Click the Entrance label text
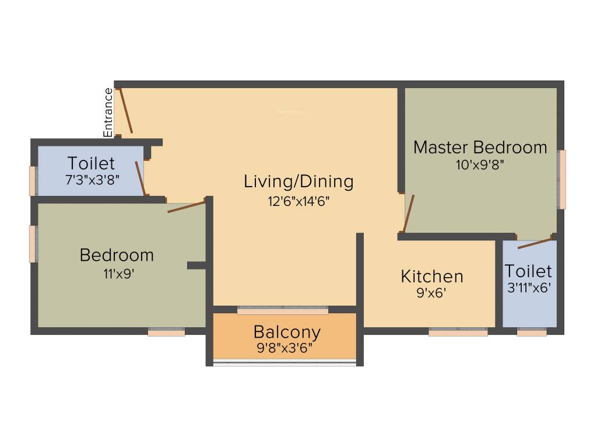(108, 112)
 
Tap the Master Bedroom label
(480, 147)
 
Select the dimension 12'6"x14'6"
(298, 202)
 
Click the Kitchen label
(432, 276)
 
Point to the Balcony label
(287, 332)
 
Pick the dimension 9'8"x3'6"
(285, 348)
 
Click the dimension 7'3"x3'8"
(93, 179)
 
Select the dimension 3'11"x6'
(529, 287)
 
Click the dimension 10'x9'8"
(480, 164)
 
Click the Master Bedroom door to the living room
(409, 213)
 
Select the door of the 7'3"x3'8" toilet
(141, 178)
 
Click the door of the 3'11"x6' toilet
(534, 243)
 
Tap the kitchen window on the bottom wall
(458, 332)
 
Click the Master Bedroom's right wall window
(562, 180)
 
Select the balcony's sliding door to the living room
(283, 310)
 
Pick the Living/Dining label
(298, 181)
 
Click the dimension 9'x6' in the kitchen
(431, 293)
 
